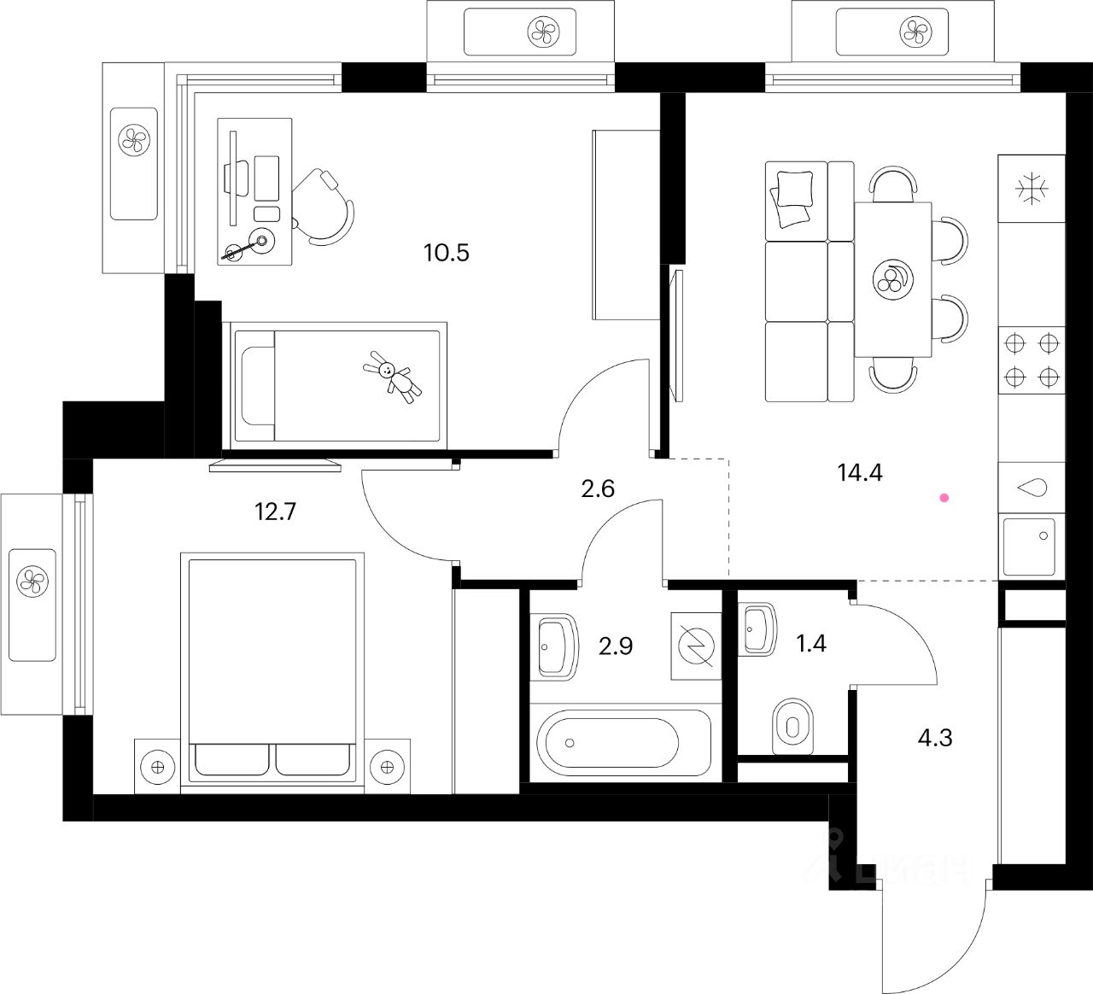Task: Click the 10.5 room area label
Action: click(447, 253)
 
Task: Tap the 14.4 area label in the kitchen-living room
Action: click(860, 472)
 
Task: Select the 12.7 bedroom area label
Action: click(276, 512)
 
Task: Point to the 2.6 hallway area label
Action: click(596, 488)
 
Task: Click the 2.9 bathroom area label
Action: click(616, 646)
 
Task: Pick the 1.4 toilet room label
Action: click(810, 643)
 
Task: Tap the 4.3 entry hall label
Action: click(935, 737)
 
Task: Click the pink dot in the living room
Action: click(944, 497)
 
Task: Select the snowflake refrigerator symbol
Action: click(1032, 190)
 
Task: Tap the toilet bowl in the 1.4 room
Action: click(792, 727)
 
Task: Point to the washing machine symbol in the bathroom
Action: click(696, 646)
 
